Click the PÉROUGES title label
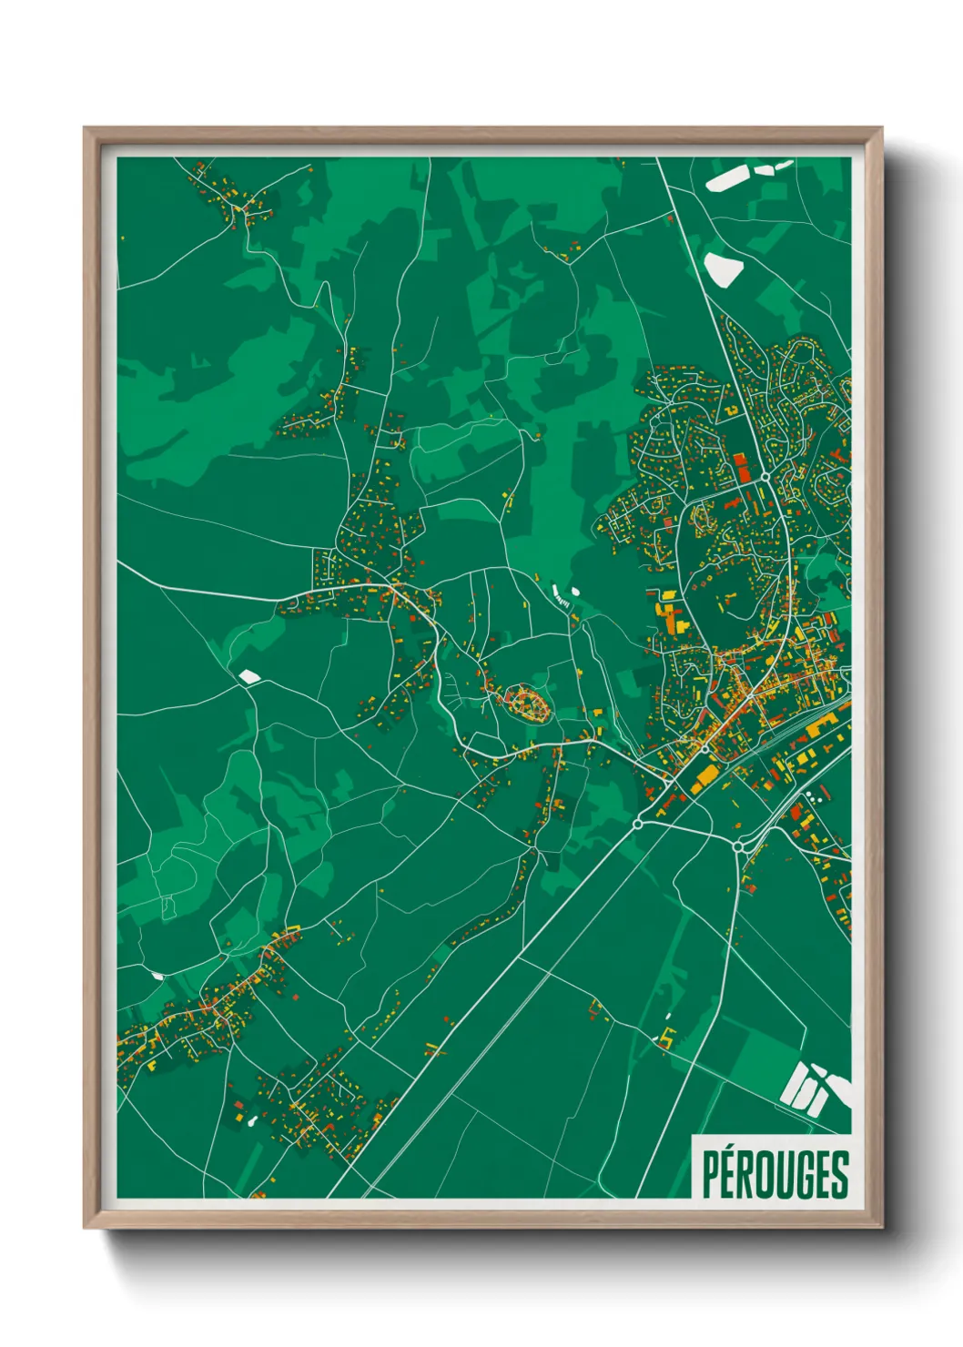coord(775,1173)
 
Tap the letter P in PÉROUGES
coord(710,1175)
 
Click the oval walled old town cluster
coord(527,703)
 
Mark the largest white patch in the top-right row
coord(729,177)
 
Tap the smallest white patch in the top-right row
coord(783,165)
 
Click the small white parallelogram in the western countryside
coord(248,676)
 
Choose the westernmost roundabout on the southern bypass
coord(637,824)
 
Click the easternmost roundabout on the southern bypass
coord(738,846)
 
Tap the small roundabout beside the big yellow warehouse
coord(705,749)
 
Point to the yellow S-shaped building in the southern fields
coord(669,1035)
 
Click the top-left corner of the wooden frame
coord(84,128)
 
